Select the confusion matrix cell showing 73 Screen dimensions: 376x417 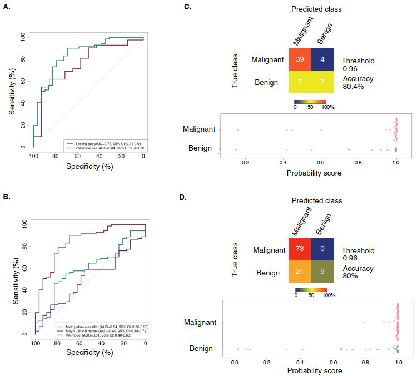pyautogui.click(x=301, y=250)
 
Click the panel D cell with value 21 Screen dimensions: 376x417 pyautogui.click(x=301, y=273)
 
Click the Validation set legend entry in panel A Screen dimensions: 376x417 pyautogui.click(x=103, y=148)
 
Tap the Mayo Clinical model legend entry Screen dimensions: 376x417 pyautogui.click(x=100, y=331)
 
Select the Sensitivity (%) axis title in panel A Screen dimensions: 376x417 pyautogui.click(x=12, y=90)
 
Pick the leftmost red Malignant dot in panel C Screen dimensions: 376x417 pyautogui.click(x=237, y=129)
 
